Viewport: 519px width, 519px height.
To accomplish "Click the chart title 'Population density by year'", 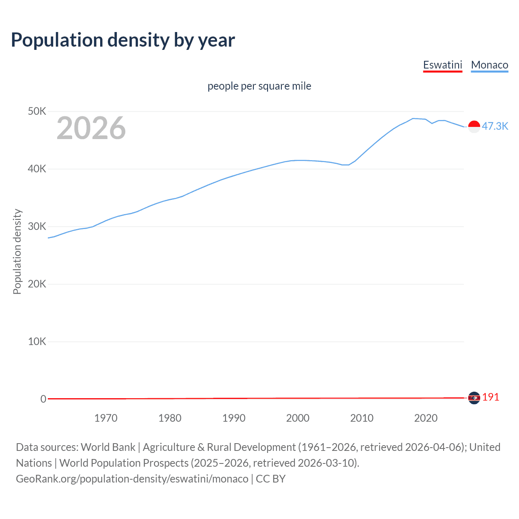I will point(123,40).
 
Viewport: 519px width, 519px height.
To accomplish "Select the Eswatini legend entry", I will point(442,65).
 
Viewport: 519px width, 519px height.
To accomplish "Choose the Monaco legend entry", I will point(489,65).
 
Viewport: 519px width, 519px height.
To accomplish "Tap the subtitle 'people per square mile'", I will point(259,86).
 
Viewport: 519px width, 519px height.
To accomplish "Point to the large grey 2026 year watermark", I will point(91,128).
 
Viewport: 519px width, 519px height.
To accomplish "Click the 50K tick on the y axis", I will point(37,111).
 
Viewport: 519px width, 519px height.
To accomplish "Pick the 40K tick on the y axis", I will point(37,169).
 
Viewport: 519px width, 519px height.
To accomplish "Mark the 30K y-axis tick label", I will point(37,226).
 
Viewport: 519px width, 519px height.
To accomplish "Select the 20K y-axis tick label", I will point(37,284).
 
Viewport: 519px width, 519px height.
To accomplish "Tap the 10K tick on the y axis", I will point(37,341).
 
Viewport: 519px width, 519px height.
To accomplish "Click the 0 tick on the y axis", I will point(43,399).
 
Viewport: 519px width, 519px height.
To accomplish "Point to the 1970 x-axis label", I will point(106,418).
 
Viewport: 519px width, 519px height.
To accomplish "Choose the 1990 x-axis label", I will point(234,418).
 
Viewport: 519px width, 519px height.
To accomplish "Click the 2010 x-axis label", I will point(362,418).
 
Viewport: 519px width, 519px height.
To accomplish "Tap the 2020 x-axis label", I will point(426,418).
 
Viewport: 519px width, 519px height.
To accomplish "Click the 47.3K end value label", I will point(495,126).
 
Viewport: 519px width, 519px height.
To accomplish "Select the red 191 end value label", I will point(491,397).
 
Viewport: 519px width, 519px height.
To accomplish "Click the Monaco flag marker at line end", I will point(474,127).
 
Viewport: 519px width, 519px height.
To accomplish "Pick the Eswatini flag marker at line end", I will point(474,398).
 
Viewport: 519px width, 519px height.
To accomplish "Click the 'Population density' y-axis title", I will point(17,251).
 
